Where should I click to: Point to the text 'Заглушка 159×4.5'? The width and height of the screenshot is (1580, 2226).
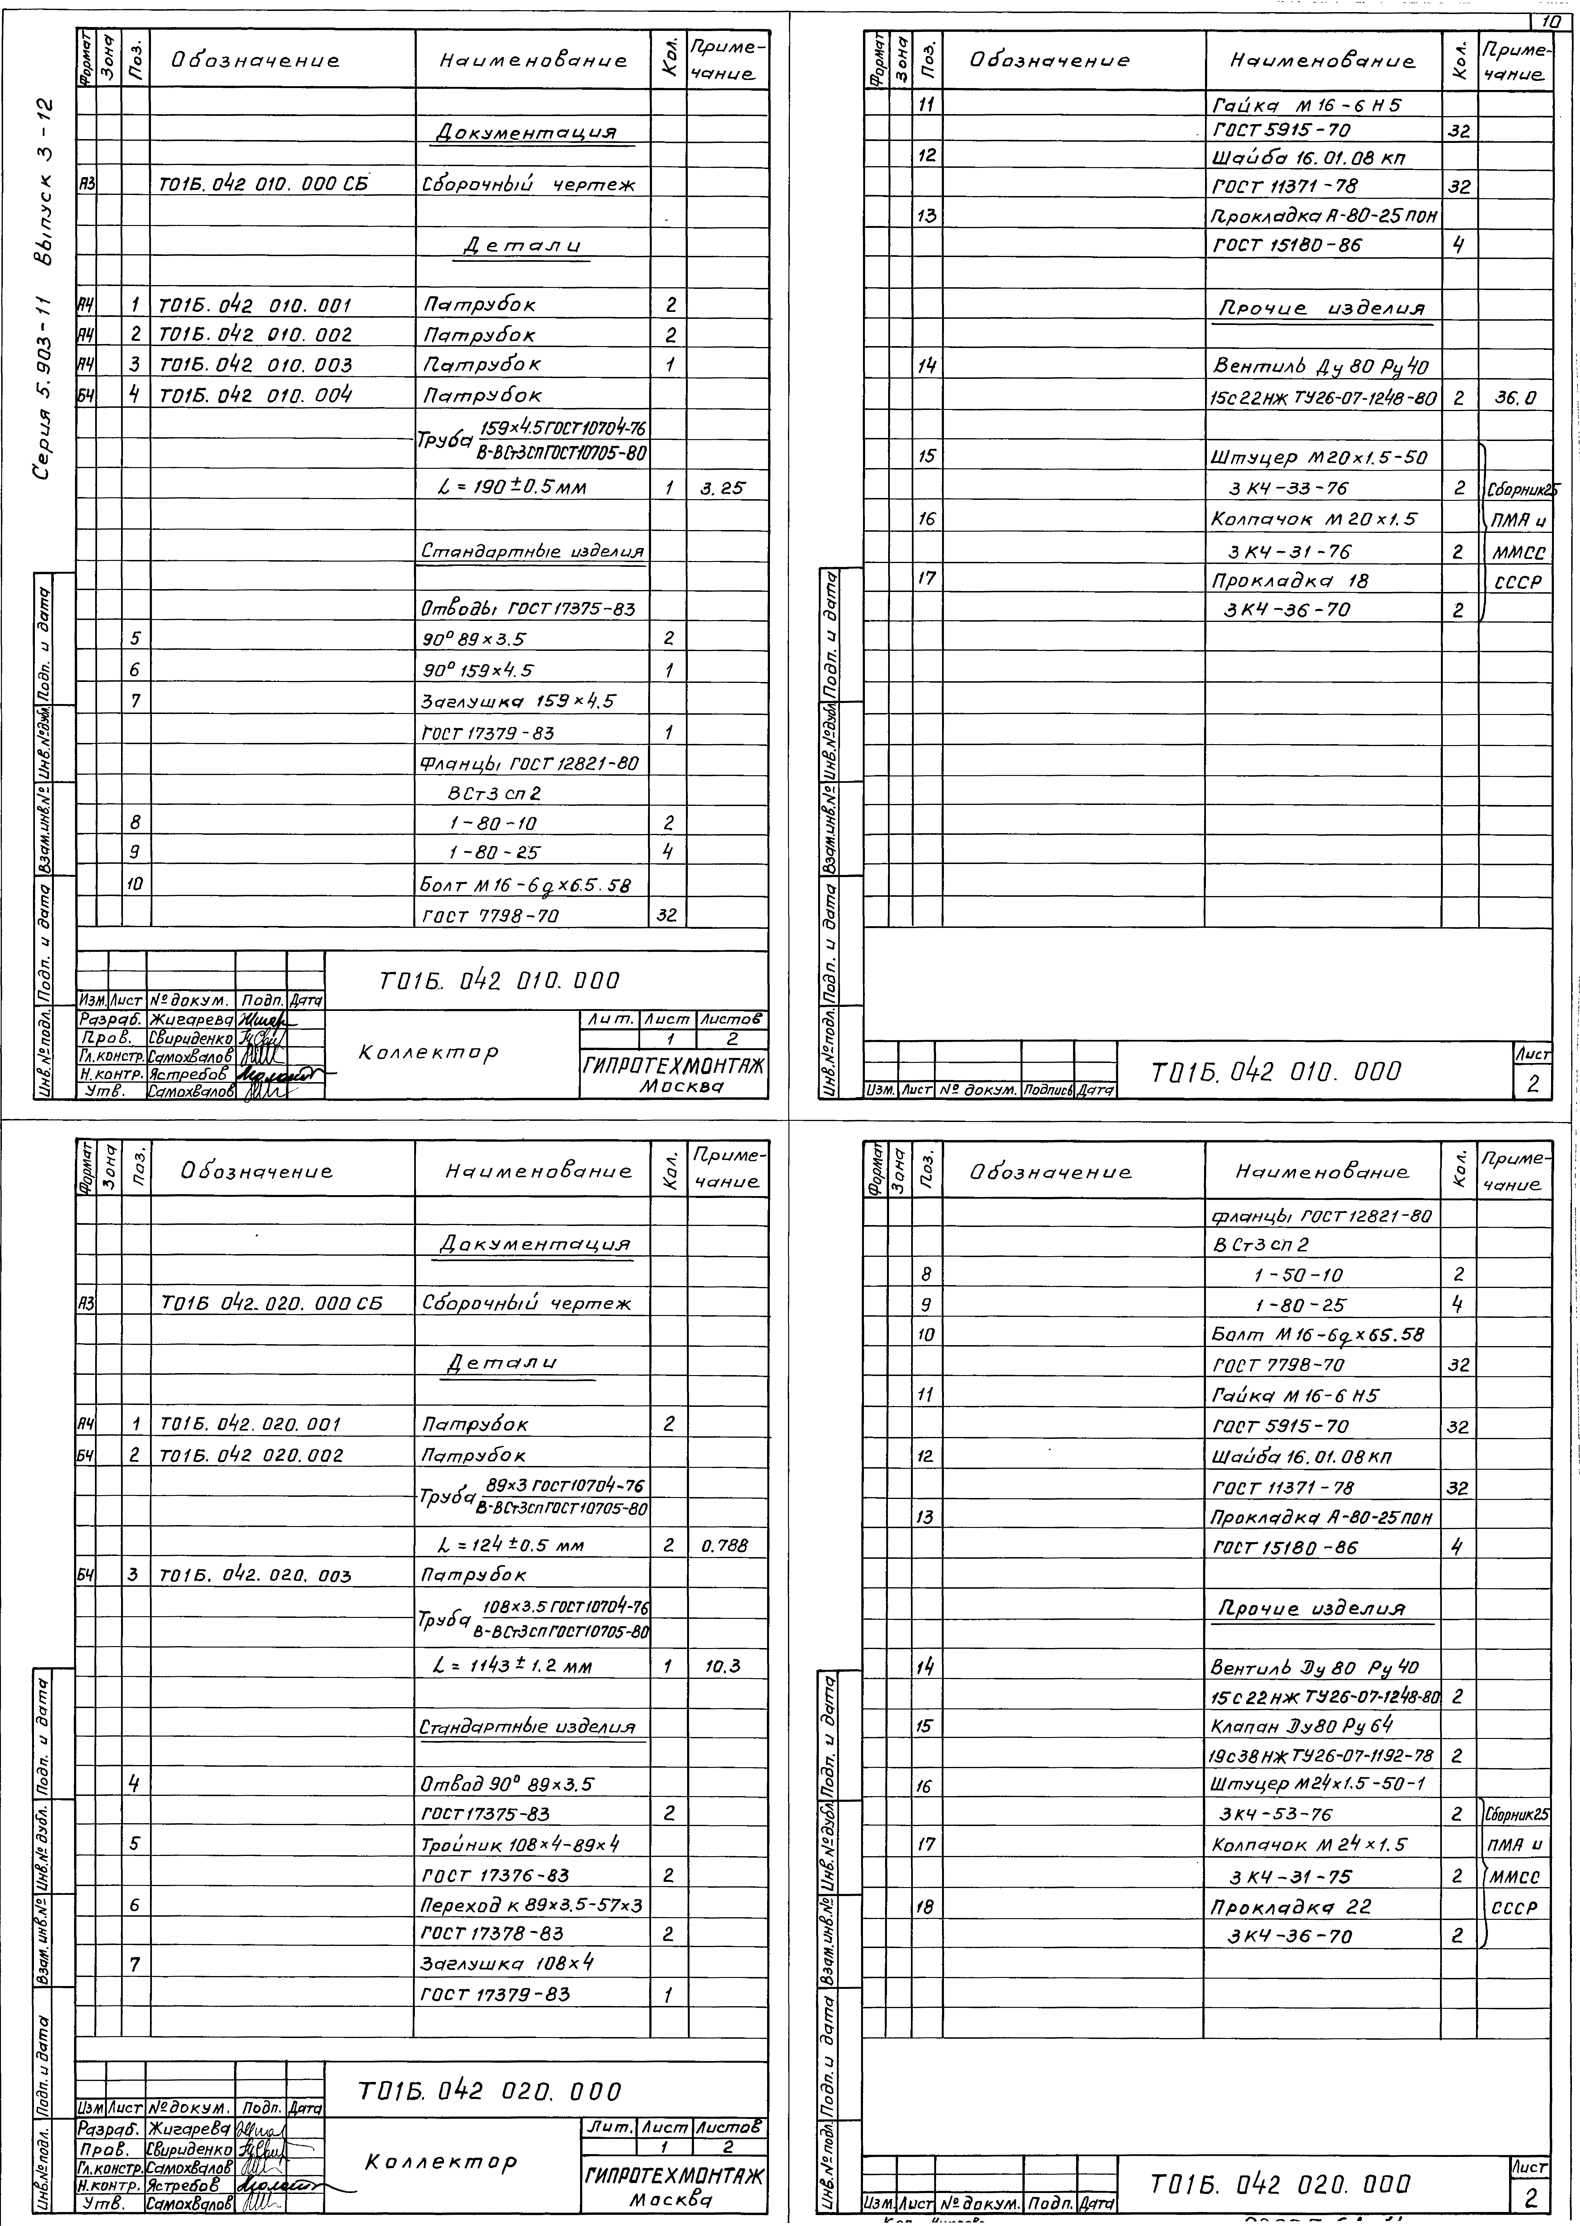519,700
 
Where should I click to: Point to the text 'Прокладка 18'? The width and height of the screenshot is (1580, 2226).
1290,580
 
